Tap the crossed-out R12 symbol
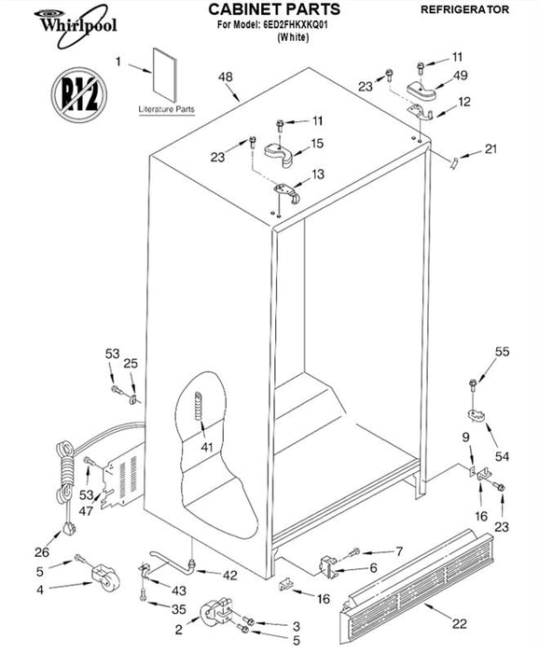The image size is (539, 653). pyautogui.click(x=79, y=94)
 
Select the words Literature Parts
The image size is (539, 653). pyautogui.click(x=167, y=109)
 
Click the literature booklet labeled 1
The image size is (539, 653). pyautogui.click(x=165, y=75)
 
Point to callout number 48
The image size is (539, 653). pyautogui.click(x=226, y=77)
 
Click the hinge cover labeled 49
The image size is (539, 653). pyautogui.click(x=421, y=90)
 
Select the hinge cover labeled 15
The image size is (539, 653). pyautogui.click(x=279, y=154)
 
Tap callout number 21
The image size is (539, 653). pyautogui.click(x=491, y=148)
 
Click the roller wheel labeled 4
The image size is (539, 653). pyautogui.click(x=104, y=577)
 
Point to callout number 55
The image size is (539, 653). pyautogui.click(x=502, y=352)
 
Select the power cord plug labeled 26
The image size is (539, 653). pyautogui.click(x=68, y=529)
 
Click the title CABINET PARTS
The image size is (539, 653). pyautogui.click(x=274, y=9)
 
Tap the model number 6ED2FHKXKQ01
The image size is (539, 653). pyautogui.click(x=296, y=24)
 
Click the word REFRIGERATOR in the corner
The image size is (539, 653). pyautogui.click(x=464, y=9)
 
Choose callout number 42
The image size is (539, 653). pyautogui.click(x=229, y=576)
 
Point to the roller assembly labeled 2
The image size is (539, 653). pyautogui.click(x=216, y=613)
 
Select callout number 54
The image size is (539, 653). pyautogui.click(x=502, y=456)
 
